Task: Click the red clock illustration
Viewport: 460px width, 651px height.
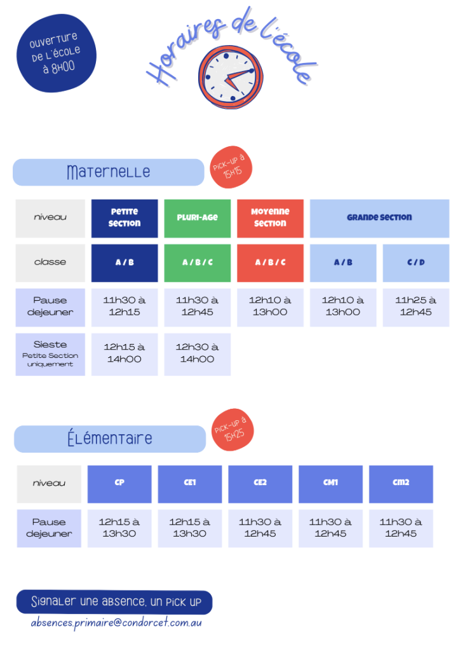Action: click(x=231, y=77)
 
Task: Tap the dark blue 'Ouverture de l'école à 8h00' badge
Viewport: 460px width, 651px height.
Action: click(x=56, y=53)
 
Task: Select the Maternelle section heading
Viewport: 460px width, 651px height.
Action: click(x=109, y=172)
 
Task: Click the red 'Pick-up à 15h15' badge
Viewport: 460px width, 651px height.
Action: click(x=231, y=167)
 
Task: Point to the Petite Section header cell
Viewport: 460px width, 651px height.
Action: click(x=125, y=219)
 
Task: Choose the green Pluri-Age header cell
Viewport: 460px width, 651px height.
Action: click(x=198, y=219)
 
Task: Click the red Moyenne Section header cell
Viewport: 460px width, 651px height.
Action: click(x=271, y=219)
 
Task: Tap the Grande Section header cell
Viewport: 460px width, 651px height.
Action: click(x=379, y=219)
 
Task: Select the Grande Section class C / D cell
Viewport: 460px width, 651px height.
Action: click(x=416, y=263)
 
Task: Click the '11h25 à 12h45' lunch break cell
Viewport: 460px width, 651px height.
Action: click(x=416, y=307)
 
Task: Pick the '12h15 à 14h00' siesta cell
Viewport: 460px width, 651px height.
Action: click(x=125, y=354)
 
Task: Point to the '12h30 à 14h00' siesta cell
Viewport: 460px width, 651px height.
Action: click(x=198, y=354)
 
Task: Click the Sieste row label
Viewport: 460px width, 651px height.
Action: click(x=50, y=354)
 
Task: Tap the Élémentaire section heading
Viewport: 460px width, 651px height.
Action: click(x=110, y=439)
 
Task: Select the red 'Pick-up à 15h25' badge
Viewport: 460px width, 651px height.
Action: click(x=233, y=430)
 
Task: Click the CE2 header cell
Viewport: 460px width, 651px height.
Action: click(x=260, y=484)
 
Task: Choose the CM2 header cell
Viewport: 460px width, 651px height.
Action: click(x=401, y=484)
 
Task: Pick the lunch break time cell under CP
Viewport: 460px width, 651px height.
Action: click(x=119, y=528)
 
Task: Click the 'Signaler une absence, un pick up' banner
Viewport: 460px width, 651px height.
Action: click(x=114, y=602)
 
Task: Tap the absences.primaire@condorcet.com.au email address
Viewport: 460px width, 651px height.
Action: click(x=116, y=623)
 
